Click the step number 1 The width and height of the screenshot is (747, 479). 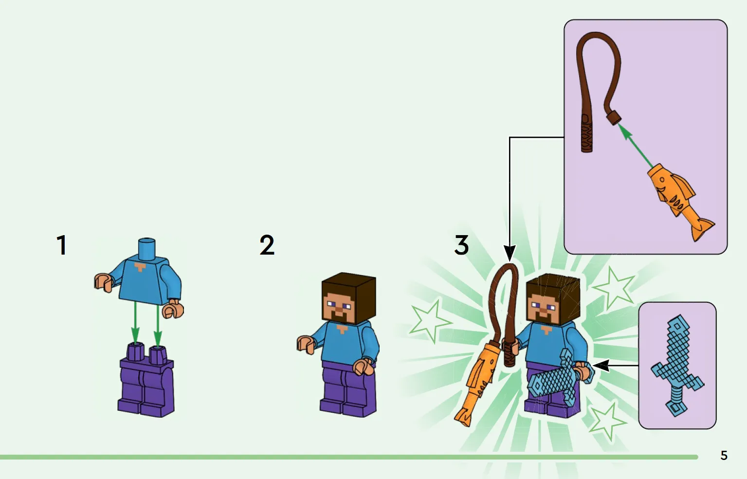click(x=62, y=245)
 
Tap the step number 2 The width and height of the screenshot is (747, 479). click(x=267, y=245)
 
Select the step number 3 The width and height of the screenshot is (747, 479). click(x=461, y=245)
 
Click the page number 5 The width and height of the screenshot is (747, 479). click(x=724, y=455)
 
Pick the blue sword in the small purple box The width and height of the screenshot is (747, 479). click(x=677, y=365)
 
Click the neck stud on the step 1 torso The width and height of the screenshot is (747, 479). click(x=147, y=249)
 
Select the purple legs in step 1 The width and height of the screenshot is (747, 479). click(x=146, y=380)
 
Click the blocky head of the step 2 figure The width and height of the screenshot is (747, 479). click(x=349, y=298)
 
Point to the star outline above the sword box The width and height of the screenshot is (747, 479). click(x=614, y=288)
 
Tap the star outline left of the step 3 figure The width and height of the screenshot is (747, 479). click(x=430, y=321)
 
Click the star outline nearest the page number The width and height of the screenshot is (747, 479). click(x=607, y=422)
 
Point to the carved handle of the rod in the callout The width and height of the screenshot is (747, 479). click(x=586, y=133)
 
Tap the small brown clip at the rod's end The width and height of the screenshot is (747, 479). click(x=614, y=118)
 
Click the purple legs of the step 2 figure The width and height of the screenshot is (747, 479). click(x=348, y=388)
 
